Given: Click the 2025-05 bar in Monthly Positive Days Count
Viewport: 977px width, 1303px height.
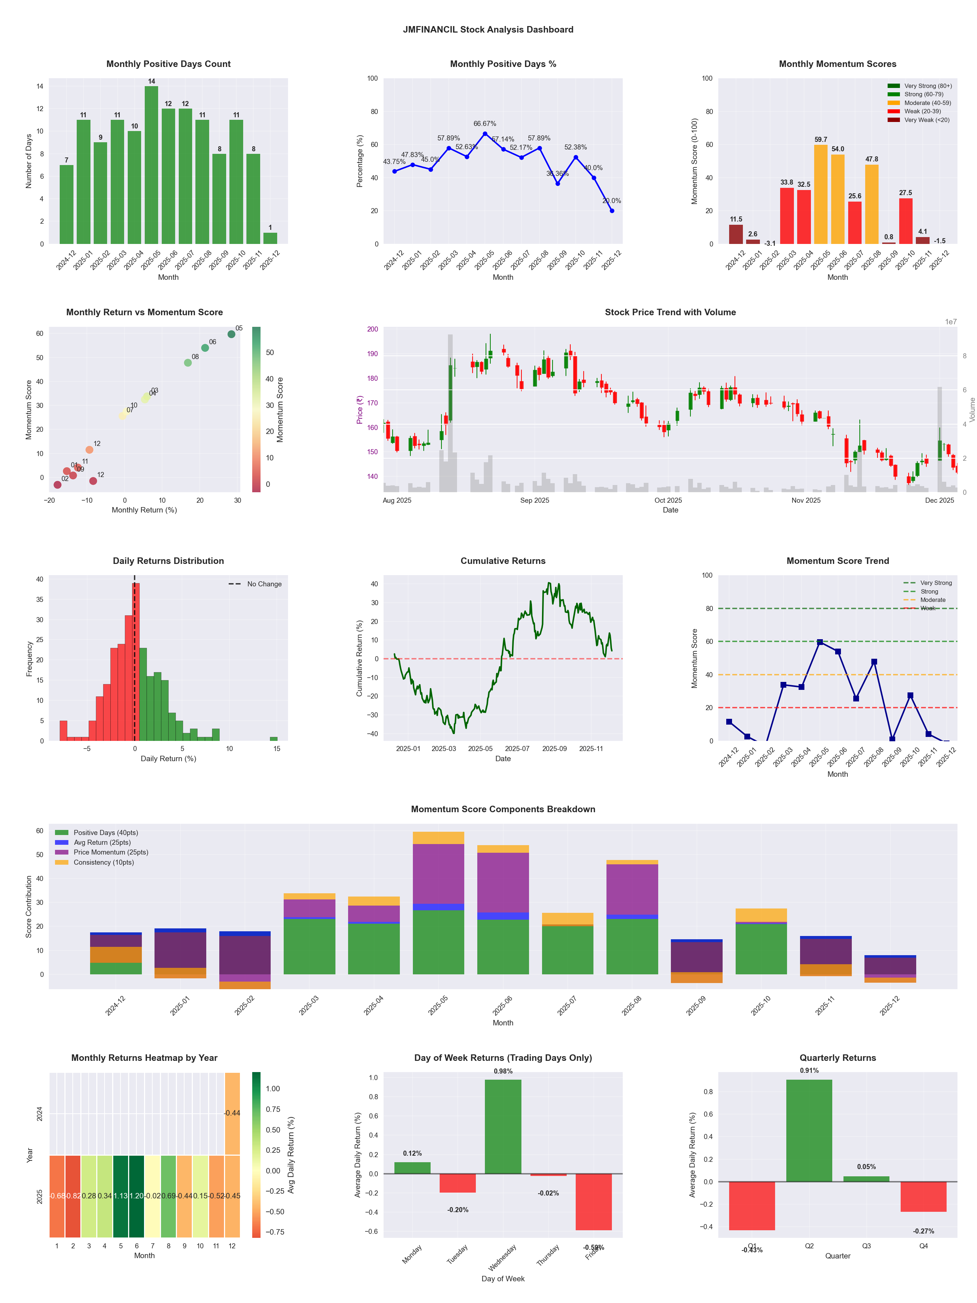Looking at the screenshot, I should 151,165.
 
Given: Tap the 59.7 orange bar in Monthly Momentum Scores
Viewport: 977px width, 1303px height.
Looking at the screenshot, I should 820,194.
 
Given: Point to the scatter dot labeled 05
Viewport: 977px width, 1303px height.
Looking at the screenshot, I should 232,334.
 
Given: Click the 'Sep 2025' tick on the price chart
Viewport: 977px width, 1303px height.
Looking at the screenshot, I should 534,501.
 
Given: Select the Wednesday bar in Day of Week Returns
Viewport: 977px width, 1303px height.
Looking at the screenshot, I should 503,1126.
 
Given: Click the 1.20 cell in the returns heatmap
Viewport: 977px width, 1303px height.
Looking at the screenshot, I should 137,1196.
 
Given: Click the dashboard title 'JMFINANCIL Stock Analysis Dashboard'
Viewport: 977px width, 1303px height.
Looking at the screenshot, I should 488,29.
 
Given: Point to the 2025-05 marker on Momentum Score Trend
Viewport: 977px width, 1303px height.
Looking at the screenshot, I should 820,642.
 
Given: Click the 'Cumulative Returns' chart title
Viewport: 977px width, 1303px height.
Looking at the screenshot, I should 503,561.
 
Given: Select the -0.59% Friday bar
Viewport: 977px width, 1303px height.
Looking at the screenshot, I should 594,1202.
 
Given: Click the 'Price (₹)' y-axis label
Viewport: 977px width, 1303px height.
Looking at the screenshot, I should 359,409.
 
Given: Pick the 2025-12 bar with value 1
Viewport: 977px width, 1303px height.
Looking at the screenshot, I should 270,238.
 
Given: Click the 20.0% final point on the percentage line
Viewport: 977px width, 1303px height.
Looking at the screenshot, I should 612,210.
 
